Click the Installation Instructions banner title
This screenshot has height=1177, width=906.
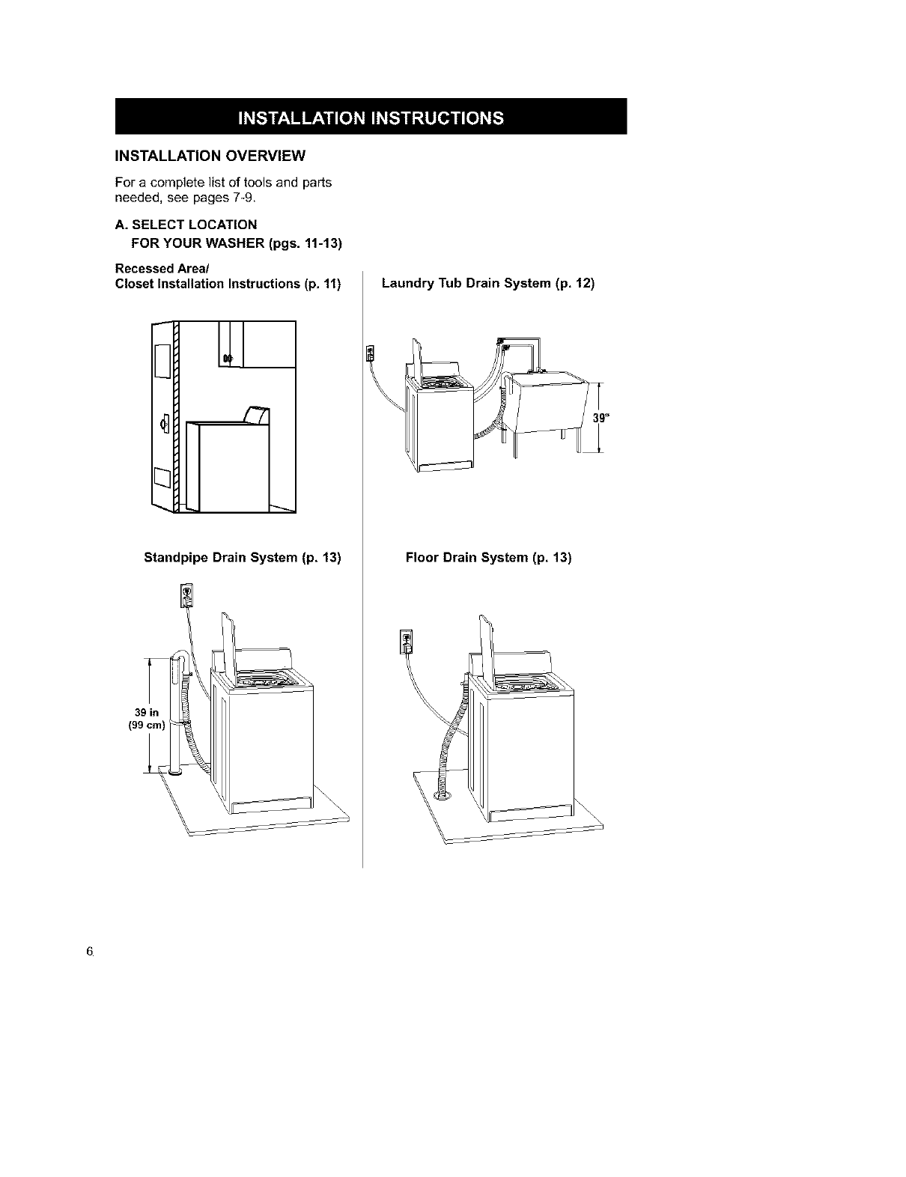click(370, 118)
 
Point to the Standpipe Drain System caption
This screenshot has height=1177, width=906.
click(242, 558)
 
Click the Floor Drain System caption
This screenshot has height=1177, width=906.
click(488, 558)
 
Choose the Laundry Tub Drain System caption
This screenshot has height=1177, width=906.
click(487, 284)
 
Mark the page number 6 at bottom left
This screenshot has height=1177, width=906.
click(89, 952)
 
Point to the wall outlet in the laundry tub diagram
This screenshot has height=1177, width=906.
click(369, 353)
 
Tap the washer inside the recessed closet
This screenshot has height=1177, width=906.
click(228, 464)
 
